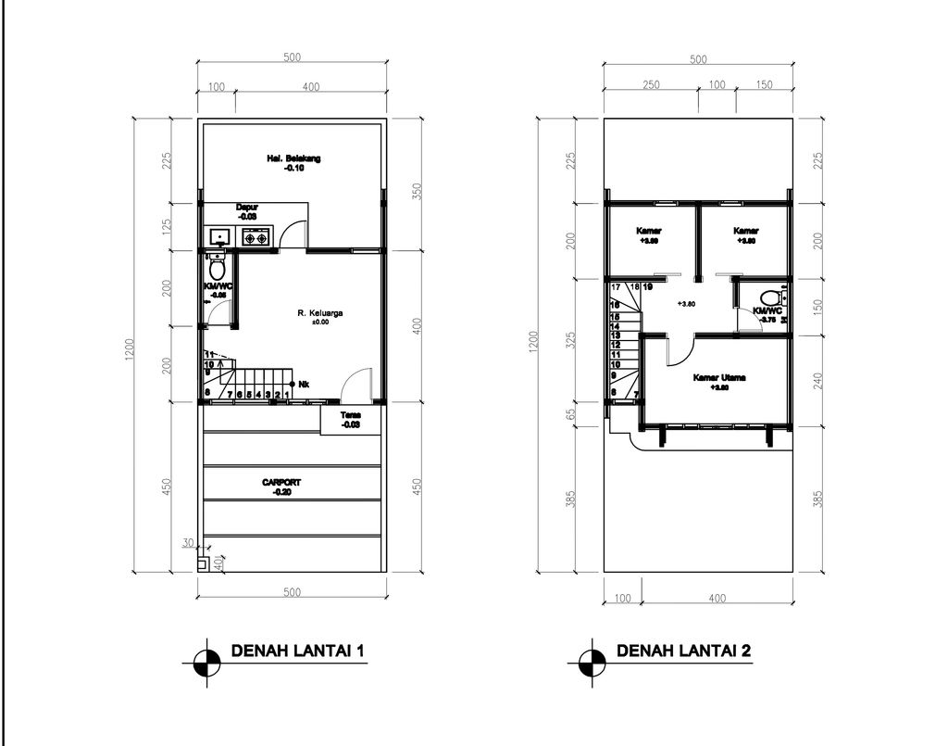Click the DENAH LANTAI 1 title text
pos(296,651)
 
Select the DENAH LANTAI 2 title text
pos(683,651)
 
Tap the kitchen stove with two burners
pos(256,238)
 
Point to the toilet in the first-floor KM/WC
pos(217,270)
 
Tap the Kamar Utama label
pos(719,379)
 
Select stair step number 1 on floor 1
pos(287,395)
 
